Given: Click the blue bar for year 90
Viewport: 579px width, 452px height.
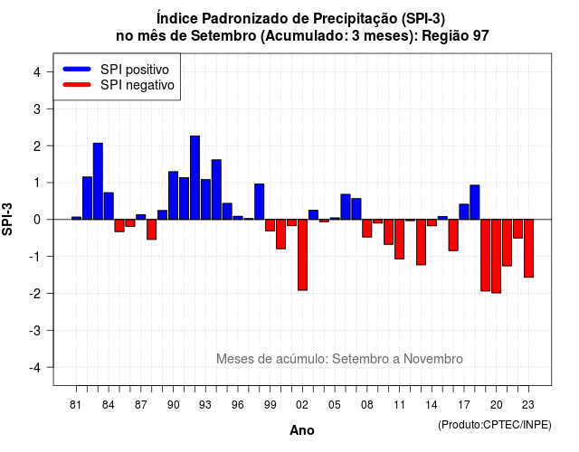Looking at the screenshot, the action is click(x=173, y=195).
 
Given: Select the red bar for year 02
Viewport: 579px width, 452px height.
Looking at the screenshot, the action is click(x=302, y=255).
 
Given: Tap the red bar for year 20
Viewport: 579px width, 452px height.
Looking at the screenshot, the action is click(x=497, y=256).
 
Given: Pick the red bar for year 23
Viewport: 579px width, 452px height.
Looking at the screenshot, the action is click(x=528, y=249).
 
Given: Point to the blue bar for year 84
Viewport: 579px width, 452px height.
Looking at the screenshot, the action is click(x=109, y=206).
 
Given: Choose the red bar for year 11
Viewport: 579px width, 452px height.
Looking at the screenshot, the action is click(x=399, y=239).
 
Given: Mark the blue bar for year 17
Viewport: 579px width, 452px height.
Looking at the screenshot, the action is click(x=464, y=212).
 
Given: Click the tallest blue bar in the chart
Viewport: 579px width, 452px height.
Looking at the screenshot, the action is click(x=195, y=178).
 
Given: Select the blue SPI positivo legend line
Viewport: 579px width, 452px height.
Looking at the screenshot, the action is click(x=77, y=69).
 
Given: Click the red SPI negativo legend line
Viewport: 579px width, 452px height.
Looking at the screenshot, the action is click(x=77, y=85).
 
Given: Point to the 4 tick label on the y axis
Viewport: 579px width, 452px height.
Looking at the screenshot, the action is click(x=37, y=72).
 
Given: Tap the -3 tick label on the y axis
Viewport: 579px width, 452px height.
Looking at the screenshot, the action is click(x=35, y=330).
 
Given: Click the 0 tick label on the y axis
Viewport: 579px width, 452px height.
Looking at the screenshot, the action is click(x=37, y=220).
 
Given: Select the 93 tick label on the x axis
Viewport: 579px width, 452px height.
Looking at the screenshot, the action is click(x=205, y=405).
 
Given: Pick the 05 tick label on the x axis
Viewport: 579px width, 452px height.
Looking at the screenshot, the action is click(x=335, y=405).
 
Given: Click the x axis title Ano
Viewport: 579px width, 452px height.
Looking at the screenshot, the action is click(x=302, y=430).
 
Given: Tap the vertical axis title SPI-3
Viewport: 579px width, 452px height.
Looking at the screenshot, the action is click(x=7, y=219).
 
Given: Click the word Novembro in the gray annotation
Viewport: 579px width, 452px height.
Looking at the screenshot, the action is click(x=432, y=359).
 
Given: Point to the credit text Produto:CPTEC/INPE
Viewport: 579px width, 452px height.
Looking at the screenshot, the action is click(x=495, y=425).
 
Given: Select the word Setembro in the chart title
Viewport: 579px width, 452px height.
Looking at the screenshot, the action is click(x=223, y=36).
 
